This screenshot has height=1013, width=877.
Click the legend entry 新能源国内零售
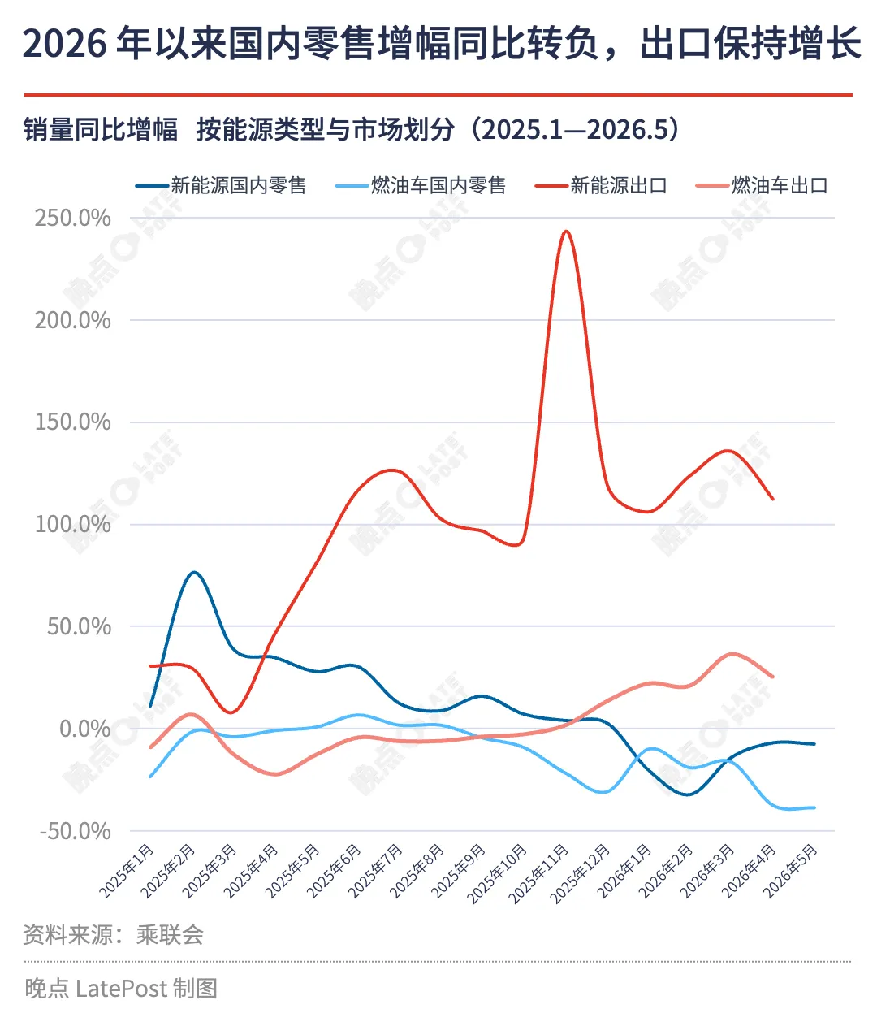(x=221, y=186)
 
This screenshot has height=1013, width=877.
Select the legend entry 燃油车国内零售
(x=421, y=186)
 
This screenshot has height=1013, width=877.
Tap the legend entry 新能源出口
(x=601, y=186)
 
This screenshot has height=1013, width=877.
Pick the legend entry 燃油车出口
(x=762, y=186)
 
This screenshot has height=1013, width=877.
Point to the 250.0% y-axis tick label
(x=72, y=218)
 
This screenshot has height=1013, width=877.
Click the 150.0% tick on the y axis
(x=72, y=422)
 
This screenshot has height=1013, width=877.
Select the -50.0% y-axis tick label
(x=76, y=831)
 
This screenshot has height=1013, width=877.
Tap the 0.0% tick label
(x=84, y=729)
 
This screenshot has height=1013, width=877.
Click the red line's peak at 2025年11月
(x=566, y=231)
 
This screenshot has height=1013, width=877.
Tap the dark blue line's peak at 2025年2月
(x=193, y=573)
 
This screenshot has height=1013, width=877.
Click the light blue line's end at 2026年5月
(x=814, y=807)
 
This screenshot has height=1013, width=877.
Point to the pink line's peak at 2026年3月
(x=732, y=654)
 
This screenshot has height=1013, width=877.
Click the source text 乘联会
(x=170, y=935)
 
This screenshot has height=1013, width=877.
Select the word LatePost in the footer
(x=121, y=989)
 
